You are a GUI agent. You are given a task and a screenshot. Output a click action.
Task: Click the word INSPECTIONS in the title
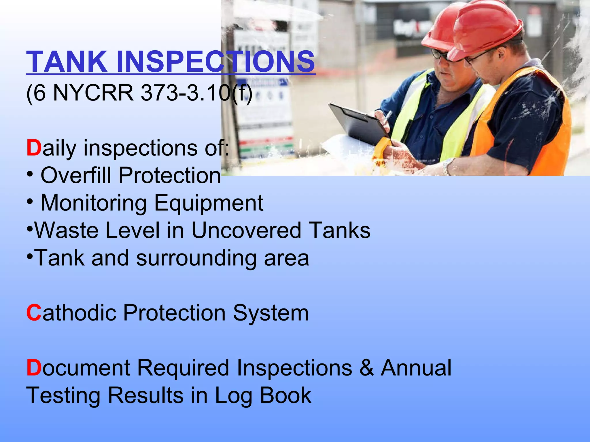[x=215, y=62]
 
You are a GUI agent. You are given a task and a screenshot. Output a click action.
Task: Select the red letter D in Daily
[x=34, y=148]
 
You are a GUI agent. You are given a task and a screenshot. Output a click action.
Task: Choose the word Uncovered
[x=246, y=230]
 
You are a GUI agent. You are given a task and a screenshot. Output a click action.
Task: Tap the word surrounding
[x=196, y=258]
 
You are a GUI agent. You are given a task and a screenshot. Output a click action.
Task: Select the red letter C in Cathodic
[x=34, y=313]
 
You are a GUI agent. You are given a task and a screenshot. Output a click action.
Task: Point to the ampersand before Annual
[x=366, y=368]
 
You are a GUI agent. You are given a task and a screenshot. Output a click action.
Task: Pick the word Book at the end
[x=285, y=395]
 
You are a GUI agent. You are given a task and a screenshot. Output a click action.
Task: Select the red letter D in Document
[x=34, y=368]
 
